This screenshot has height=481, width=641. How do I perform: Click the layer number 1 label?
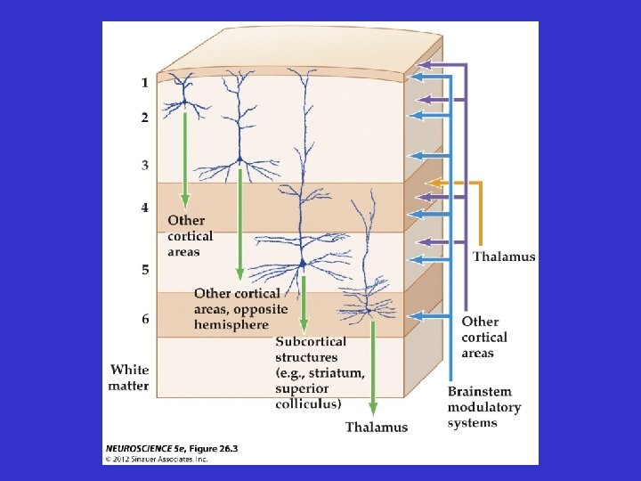point(144,83)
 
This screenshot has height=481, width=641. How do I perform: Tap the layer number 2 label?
point(144,117)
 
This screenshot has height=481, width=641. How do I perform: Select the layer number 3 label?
point(144,165)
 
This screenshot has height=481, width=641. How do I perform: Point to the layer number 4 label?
point(144,208)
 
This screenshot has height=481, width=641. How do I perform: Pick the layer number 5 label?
point(144,269)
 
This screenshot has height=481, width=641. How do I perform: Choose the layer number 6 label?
point(144,319)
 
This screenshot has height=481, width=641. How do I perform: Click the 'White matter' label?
point(129,377)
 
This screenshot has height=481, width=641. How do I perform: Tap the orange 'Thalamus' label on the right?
point(504,257)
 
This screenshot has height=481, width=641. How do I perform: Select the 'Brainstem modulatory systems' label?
point(483,407)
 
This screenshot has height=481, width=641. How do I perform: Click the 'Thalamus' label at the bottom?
point(377,427)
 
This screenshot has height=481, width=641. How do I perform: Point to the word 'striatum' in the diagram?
point(335,372)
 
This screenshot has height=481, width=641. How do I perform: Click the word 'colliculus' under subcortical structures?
point(308,404)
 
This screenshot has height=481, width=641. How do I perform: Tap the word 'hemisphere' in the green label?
point(231,324)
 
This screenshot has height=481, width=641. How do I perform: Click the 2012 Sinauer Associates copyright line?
point(157,459)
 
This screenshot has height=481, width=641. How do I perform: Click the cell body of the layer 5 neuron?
point(303,262)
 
